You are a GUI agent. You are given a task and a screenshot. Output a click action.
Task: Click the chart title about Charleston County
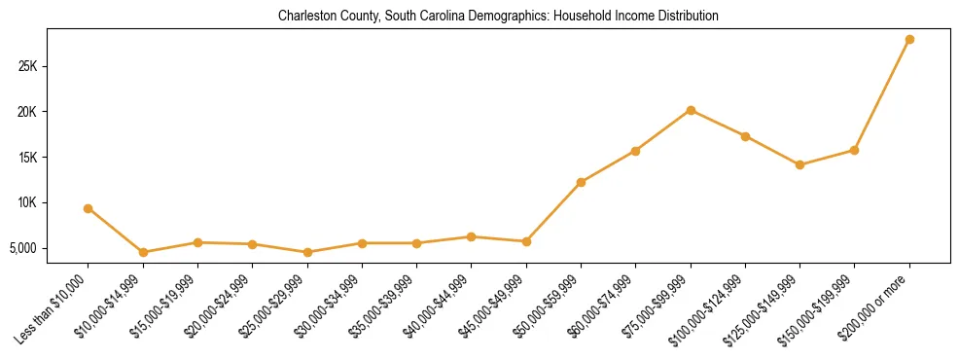tap(498, 17)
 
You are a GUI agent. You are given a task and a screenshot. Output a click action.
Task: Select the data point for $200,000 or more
tap(909, 40)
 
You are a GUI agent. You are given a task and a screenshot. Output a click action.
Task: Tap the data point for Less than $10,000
tap(89, 208)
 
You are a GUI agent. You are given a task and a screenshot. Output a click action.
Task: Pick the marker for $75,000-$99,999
tap(691, 110)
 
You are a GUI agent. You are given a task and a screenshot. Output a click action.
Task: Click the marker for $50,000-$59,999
tap(581, 182)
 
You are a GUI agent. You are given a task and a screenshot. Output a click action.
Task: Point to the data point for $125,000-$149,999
tap(799, 164)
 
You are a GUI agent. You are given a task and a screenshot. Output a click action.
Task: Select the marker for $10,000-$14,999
tap(143, 252)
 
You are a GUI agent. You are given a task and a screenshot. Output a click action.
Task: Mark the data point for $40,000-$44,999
tap(472, 236)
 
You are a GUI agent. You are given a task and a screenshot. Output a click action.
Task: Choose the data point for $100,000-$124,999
tap(745, 136)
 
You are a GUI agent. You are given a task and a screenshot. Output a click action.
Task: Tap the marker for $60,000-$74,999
tap(635, 151)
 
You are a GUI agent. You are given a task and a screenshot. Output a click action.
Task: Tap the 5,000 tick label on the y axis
tap(48, 248)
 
